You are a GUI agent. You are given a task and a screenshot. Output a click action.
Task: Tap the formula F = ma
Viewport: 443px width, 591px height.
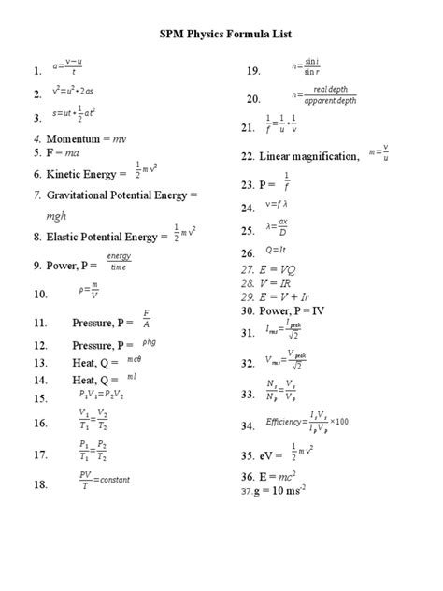point(58,151)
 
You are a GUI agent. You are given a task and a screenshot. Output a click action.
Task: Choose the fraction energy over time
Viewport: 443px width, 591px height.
point(119,261)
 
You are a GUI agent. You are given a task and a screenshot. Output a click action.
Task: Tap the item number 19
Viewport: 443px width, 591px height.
point(252,71)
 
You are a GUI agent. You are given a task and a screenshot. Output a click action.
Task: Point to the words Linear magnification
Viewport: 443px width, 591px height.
point(308,156)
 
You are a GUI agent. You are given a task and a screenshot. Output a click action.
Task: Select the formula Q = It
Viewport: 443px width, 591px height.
point(278,250)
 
